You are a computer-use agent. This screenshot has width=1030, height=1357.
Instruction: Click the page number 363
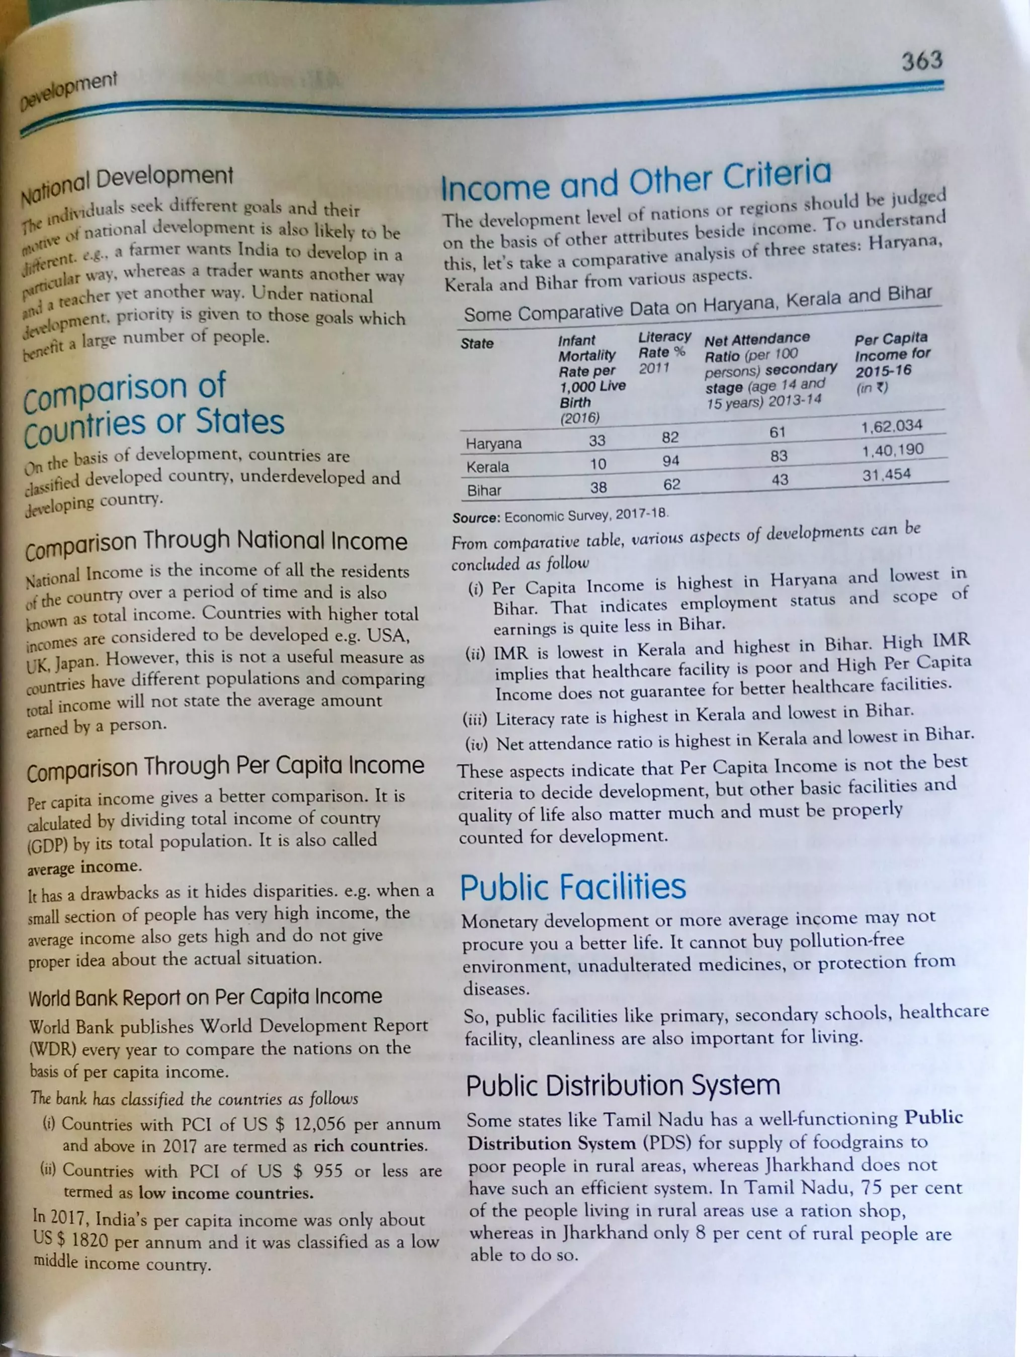pyautogui.click(x=921, y=61)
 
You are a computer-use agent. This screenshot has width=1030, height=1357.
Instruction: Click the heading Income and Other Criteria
pyautogui.click(x=636, y=181)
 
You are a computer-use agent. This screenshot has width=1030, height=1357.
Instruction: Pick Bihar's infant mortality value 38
pyautogui.click(x=598, y=488)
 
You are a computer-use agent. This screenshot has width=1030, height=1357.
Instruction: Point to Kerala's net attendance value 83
pyautogui.click(x=779, y=456)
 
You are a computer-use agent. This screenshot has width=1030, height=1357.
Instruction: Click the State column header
pyautogui.click(x=477, y=344)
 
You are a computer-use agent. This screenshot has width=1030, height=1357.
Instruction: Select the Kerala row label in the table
pyautogui.click(x=487, y=467)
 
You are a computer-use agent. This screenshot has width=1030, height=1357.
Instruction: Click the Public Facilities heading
pyautogui.click(x=573, y=888)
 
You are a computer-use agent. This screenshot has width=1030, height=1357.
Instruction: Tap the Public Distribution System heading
pyautogui.click(x=623, y=1086)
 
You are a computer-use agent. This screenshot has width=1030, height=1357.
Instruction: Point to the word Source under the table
pyautogui.click(x=476, y=518)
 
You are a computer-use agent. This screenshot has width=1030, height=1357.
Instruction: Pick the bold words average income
pyautogui.click(x=84, y=867)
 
